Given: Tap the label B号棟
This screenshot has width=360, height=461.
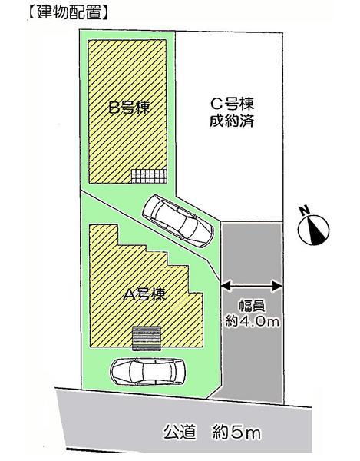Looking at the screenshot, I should (x=127, y=108).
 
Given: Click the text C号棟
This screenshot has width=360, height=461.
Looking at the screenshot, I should (x=233, y=104).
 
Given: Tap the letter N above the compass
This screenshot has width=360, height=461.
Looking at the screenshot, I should (x=305, y=210).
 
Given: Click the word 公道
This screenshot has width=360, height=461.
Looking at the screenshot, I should (x=177, y=433).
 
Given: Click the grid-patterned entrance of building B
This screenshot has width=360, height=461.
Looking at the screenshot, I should (x=147, y=176).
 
